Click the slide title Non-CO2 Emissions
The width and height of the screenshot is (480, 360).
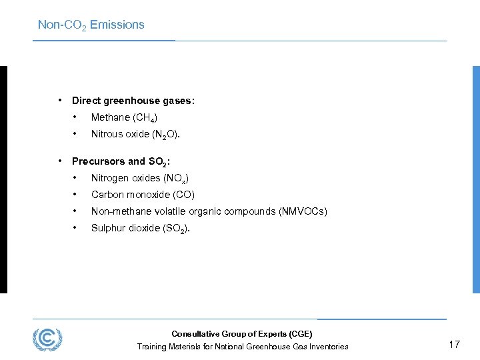point(91,25)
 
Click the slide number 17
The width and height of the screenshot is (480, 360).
point(454,344)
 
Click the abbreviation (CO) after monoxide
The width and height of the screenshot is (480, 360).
point(183,195)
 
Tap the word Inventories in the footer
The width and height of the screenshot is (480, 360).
point(327,347)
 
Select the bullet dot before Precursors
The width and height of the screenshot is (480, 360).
point(60,161)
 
